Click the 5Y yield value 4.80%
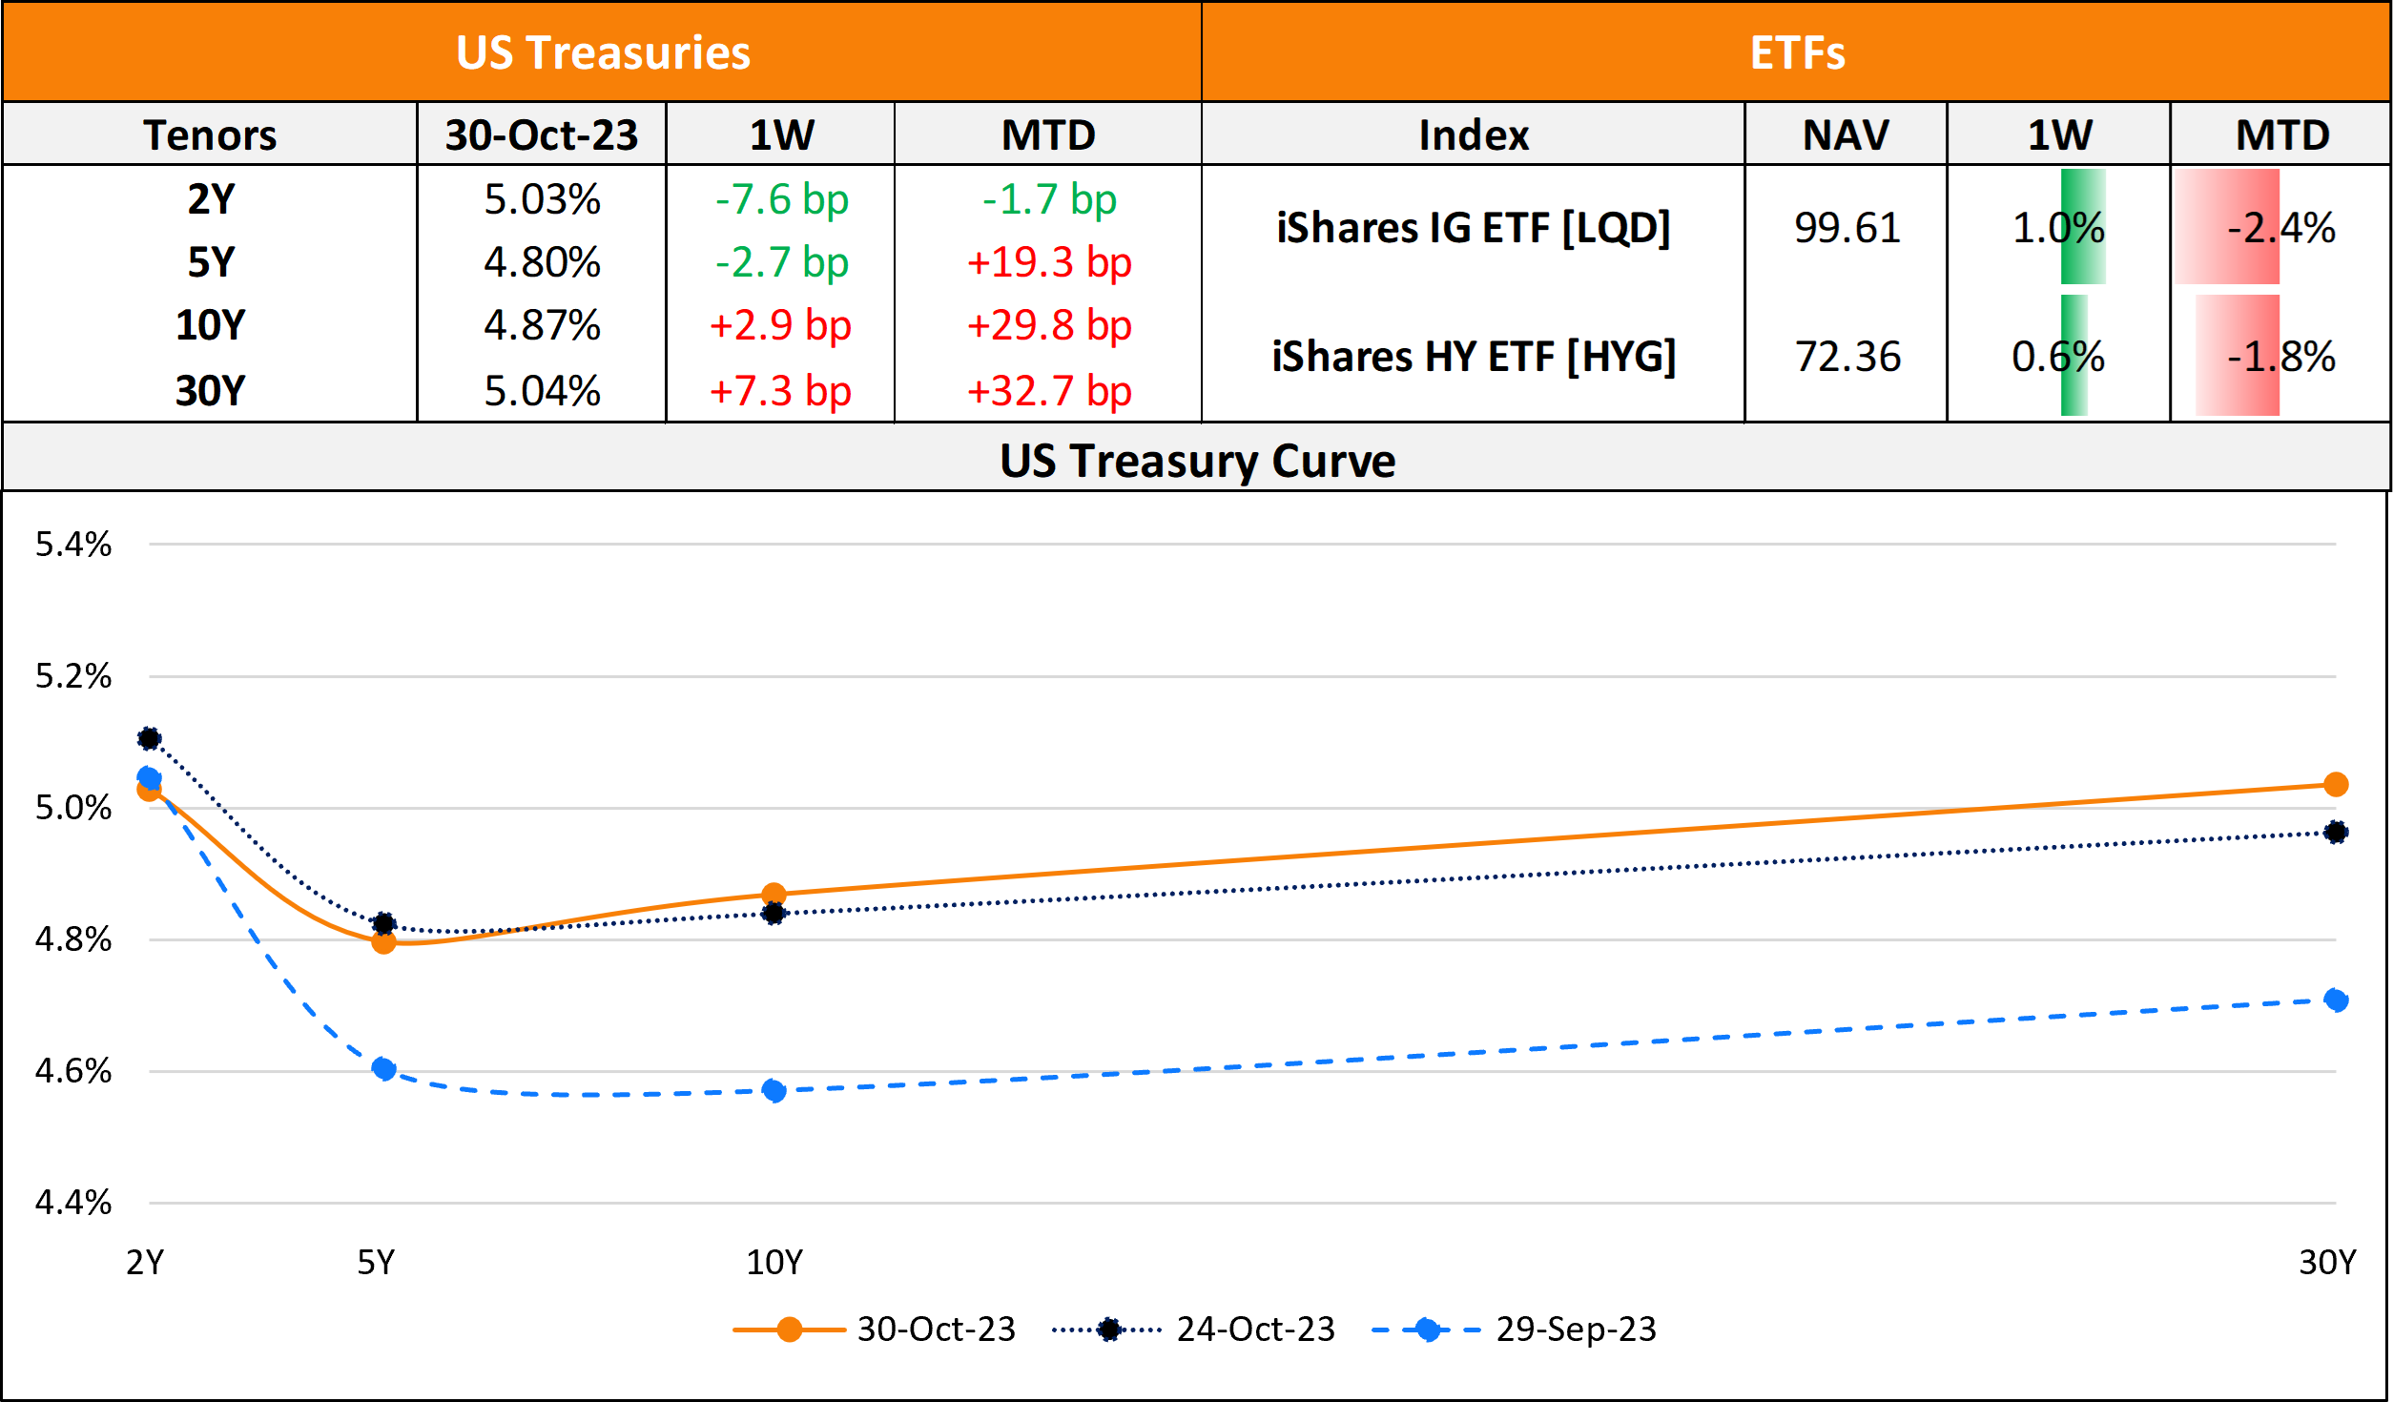point(542,262)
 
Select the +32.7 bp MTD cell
point(1048,391)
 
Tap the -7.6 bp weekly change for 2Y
point(781,199)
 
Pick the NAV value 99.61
point(1846,228)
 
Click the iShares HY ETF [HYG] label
point(1474,357)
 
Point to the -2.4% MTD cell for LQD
point(2280,228)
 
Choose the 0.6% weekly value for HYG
point(2057,357)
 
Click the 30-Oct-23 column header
point(541,134)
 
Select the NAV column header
point(1846,134)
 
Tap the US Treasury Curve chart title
point(1197,461)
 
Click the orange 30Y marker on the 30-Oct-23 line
point(2336,785)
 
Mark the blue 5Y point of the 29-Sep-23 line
point(383,1068)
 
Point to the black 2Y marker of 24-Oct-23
point(149,738)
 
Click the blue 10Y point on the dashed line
point(774,1090)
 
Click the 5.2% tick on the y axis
point(73,676)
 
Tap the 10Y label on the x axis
point(774,1262)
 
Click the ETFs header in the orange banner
point(1797,52)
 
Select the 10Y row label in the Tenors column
point(210,325)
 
